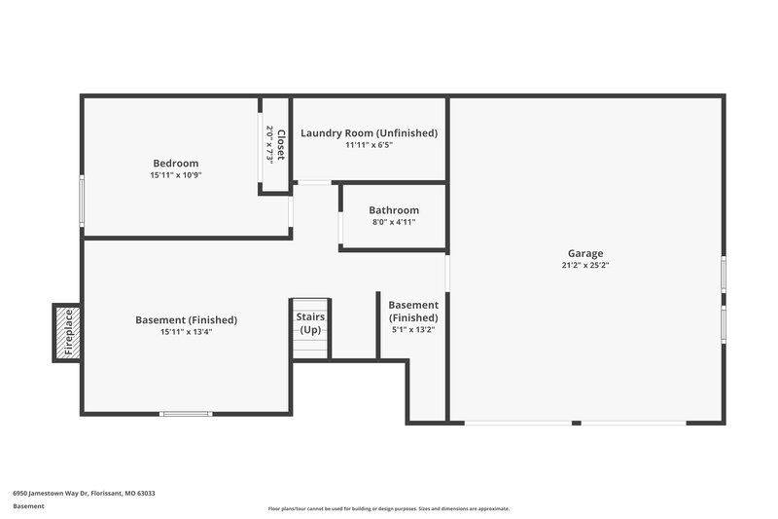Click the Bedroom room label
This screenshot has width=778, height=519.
click(175, 163)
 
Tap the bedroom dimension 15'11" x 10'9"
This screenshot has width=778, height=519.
click(175, 175)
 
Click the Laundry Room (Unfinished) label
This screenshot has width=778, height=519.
click(369, 132)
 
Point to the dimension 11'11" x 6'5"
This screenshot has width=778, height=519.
click(369, 145)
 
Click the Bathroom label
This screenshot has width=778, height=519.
click(394, 210)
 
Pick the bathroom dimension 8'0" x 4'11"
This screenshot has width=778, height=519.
click(394, 222)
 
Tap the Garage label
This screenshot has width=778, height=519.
click(584, 253)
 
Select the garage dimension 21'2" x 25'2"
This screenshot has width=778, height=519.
click(584, 265)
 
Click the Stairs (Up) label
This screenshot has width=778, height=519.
click(311, 323)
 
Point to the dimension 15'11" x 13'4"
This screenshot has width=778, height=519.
click(186, 332)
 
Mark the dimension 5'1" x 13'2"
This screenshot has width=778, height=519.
click(413, 329)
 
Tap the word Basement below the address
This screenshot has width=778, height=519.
click(28, 506)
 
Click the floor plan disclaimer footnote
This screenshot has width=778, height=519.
click(389, 509)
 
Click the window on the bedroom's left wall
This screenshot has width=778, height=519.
click(82, 200)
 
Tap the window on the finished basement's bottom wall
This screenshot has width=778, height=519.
click(186, 414)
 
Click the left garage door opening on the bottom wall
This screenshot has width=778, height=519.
click(517, 423)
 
